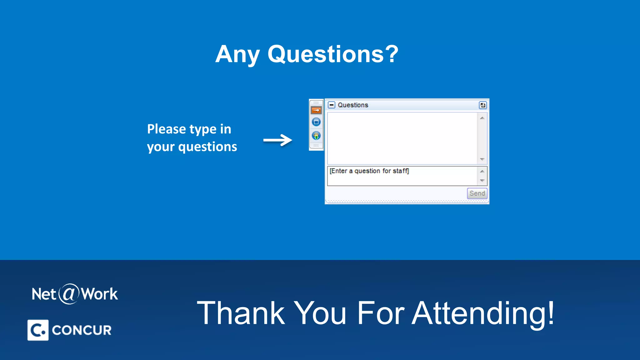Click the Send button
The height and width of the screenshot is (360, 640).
477,193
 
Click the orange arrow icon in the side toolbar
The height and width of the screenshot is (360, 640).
316,110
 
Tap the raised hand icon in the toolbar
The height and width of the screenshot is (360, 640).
316,136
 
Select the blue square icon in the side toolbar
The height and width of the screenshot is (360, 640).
316,122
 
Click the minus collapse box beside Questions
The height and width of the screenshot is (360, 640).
331,105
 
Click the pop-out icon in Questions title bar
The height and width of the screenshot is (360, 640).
482,105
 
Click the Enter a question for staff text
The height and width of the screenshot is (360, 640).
369,171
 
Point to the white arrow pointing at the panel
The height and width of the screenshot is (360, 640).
277,140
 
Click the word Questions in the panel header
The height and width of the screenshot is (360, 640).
353,105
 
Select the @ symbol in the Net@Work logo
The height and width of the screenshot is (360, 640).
69,294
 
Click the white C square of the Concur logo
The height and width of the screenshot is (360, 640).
38,330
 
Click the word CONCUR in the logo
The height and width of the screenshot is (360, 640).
82,330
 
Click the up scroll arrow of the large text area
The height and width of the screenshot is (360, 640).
482,118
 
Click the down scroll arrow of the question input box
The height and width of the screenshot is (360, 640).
482,181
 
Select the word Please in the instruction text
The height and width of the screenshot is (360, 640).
167,129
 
